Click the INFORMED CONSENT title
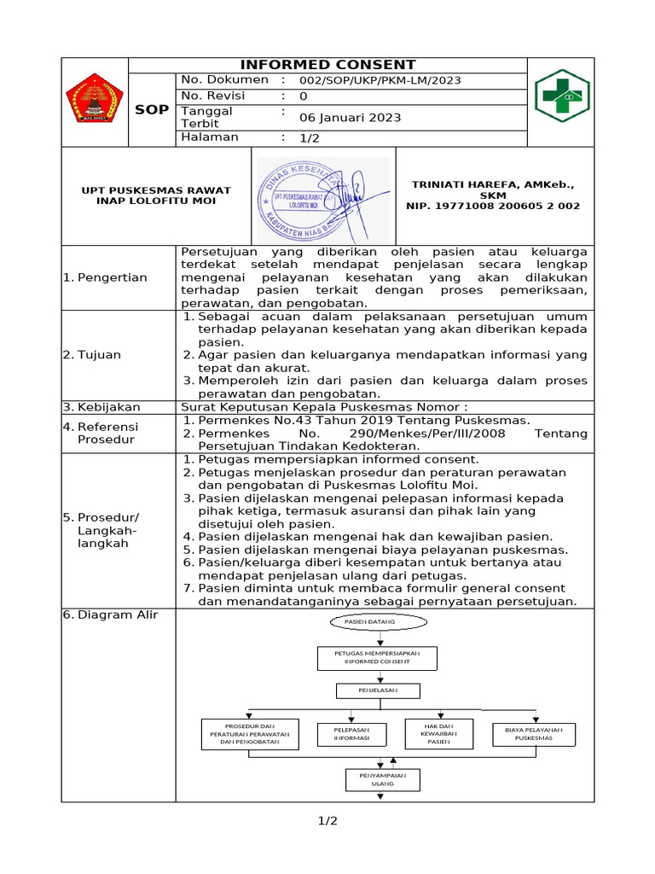pos(327,65)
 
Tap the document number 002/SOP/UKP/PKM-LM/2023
pos(380,80)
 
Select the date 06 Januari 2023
pos(350,118)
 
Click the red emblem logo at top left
pos(95,98)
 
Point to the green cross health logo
pos(561,96)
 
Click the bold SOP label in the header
pos(153,110)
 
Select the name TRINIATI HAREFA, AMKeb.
pos(493,184)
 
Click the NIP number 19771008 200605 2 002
pos(493,206)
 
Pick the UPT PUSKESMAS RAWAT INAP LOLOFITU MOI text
pos(155,195)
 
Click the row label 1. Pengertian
pos(105,277)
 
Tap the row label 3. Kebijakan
pos(101,407)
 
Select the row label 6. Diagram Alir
pos(111,615)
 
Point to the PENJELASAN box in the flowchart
pos(378,690)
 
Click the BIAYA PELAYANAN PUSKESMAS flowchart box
pos(534,734)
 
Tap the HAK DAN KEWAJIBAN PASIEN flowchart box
pos(438,733)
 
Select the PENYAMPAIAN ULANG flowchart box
pos(382,779)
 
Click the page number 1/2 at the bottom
pos(327,821)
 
